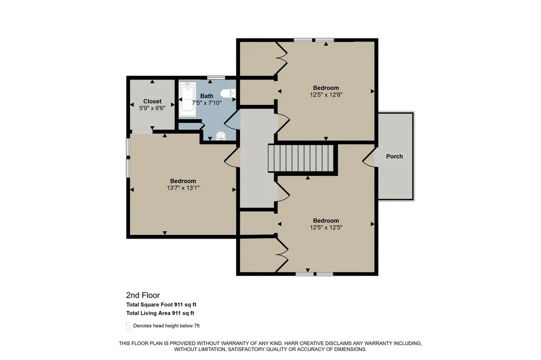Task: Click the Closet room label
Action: pos(152,101)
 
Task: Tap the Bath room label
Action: pos(207,96)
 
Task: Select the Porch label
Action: pos(394,156)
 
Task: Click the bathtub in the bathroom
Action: pos(188,99)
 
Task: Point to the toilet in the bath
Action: pos(228,93)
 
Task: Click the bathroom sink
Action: pos(220,136)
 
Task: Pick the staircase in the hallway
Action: pos(301,158)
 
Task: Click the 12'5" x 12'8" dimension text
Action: pos(326,94)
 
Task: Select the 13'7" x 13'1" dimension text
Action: pos(183,188)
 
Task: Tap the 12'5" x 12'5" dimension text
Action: pos(326,227)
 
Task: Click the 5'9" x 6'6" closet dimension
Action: pos(152,108)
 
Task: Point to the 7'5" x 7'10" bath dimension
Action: pos(207,103)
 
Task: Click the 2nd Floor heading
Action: pos(143,295)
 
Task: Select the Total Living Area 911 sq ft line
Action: pos(160,313)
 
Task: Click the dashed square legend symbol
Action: pos(128,326)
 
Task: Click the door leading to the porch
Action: pos(369,156)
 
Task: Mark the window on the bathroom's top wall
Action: pos(216,78)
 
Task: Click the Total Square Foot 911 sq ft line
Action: pos(161,305)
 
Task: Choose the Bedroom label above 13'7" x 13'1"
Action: pos(183,181)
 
